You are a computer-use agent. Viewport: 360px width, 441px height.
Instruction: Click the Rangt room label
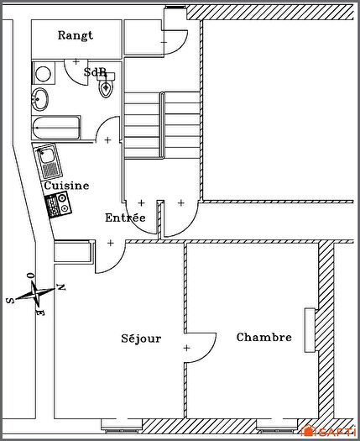pyautogui.click(x=76, y=35)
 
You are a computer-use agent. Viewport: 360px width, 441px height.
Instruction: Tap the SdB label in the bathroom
pyautogui.click(x=106, y=73)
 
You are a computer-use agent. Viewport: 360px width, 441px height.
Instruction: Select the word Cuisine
pyautogui.click(x=66, y=186)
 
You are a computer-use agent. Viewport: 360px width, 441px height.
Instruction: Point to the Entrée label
pyautogui.click(x=125, y=218)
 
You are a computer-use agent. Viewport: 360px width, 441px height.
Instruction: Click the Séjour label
pyautogui.click(x=141, y=339)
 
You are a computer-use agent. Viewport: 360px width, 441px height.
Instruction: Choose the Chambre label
pyautogui.click(x=263, y=338)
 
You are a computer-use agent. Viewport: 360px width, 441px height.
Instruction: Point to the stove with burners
pyautogui.click(x=59, y=202)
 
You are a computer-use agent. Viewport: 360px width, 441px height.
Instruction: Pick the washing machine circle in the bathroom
pyautogui.click(x=44, y=74)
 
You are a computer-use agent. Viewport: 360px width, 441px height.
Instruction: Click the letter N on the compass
pyautogui.click(x=59, y=289)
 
